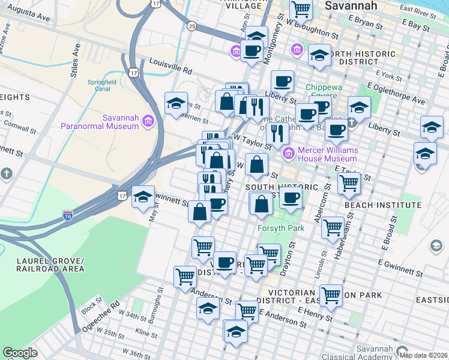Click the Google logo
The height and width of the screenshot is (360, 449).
click(x=20, y=353)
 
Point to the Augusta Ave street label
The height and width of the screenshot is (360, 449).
click(x=28, y=18)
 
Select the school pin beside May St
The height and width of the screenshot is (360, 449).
click(x=143, y=197)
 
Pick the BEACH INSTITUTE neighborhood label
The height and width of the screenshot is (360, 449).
click(x=383, y=205)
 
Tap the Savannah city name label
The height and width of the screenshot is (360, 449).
click(x=351, y=5)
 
